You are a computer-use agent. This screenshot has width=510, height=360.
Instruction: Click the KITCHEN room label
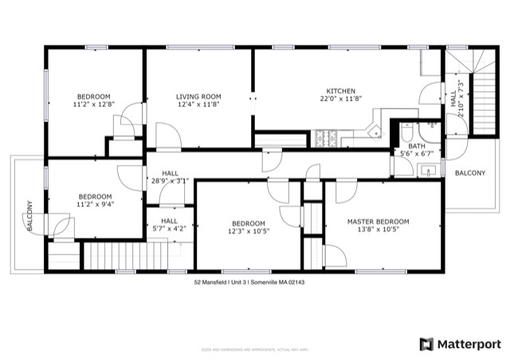click(x=340, y=91)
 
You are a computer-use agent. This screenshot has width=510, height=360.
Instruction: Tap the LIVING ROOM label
click(x=198, y=96)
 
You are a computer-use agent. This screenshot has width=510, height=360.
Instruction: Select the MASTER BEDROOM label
click(x=378, y=221)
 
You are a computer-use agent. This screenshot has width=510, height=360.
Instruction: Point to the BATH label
click(x=416, y=146)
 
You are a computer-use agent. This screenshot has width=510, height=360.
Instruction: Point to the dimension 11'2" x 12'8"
click(x=93, y=104)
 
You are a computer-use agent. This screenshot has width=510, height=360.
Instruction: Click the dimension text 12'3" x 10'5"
click(x=248, y=231)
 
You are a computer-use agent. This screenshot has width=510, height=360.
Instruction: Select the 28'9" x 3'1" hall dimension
click(x=170, y=181)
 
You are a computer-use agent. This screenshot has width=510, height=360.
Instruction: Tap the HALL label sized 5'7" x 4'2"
click(x=169, y=221)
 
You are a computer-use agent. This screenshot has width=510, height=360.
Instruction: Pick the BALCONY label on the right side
click(x=469, y=173)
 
